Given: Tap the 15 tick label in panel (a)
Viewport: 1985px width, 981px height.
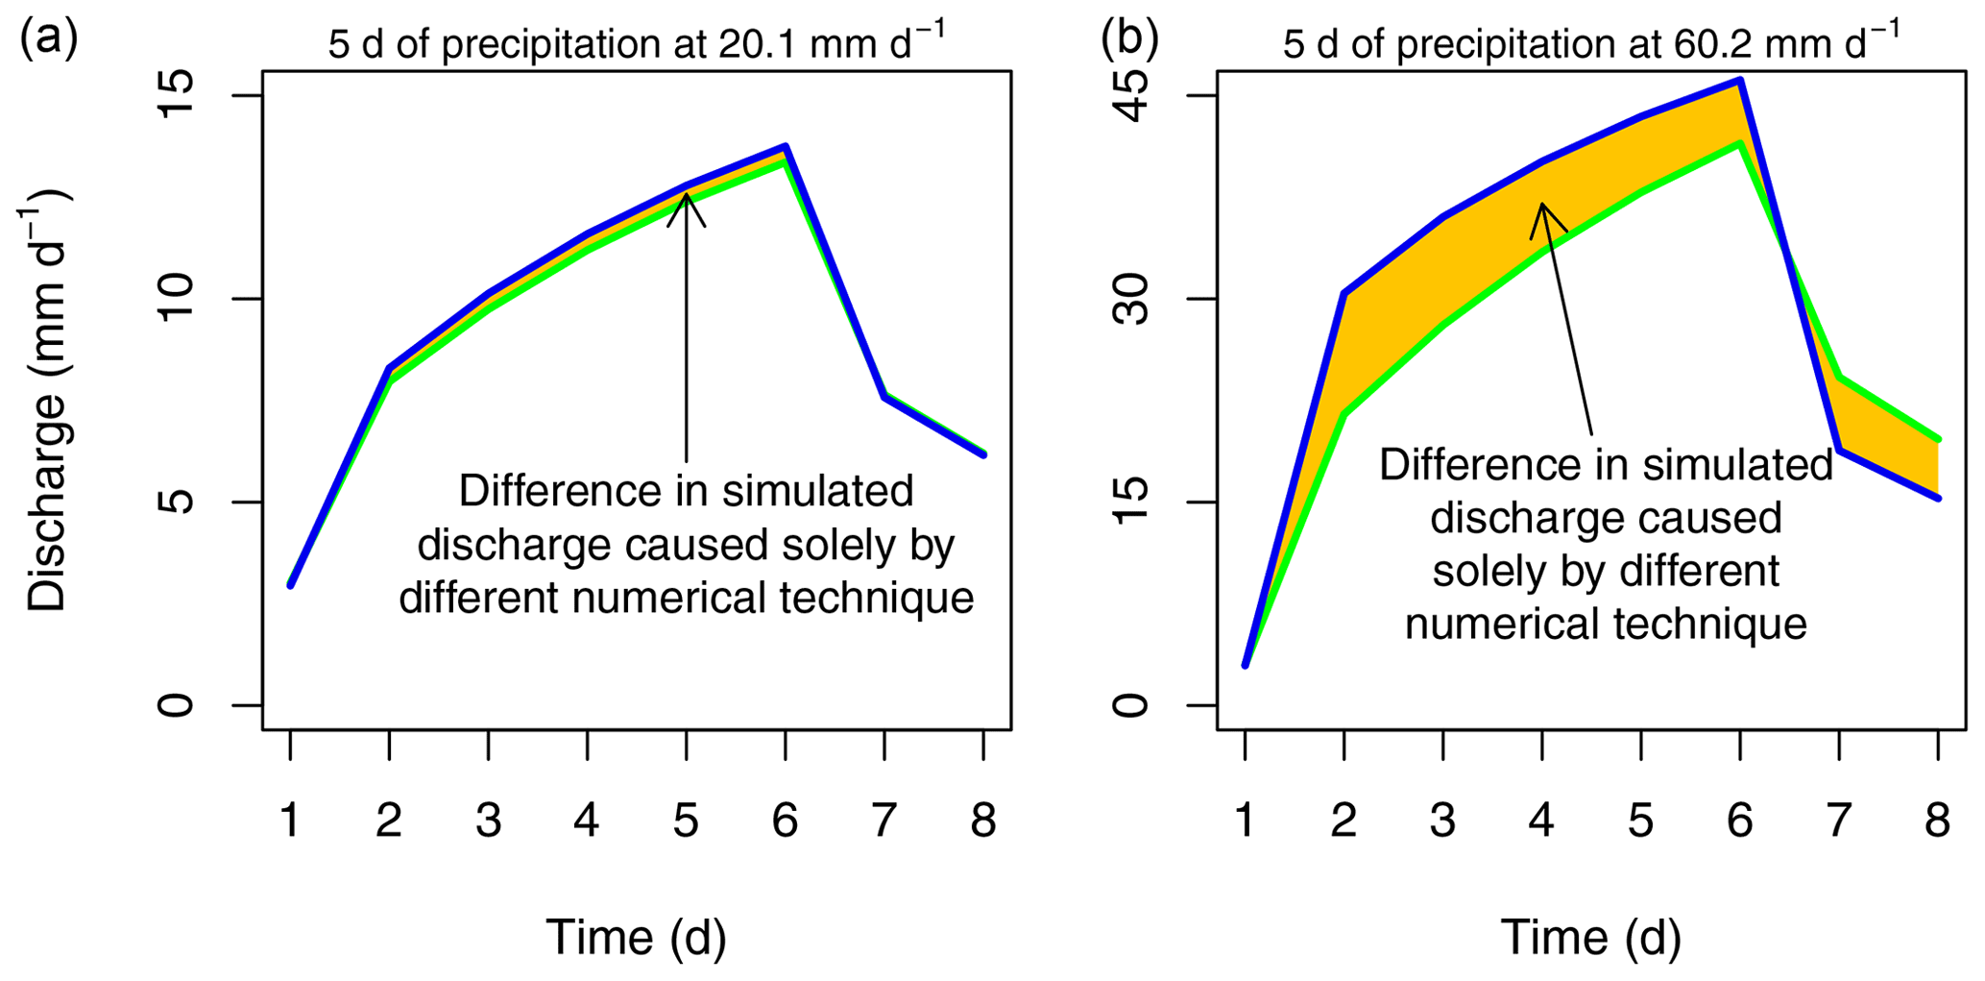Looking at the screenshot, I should coord(176,95).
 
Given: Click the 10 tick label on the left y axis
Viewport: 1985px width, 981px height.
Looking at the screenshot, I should coord(176,298).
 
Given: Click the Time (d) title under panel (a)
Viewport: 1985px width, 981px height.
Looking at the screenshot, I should coord(636,937).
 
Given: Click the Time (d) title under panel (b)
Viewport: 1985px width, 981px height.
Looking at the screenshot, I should coord(1590,937).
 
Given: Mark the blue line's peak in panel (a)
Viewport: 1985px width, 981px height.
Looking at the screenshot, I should coord(786,147).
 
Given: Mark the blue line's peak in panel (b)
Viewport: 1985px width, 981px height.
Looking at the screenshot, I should coord(1740,81).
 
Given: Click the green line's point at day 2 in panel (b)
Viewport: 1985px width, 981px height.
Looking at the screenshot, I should coord(1344,415).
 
